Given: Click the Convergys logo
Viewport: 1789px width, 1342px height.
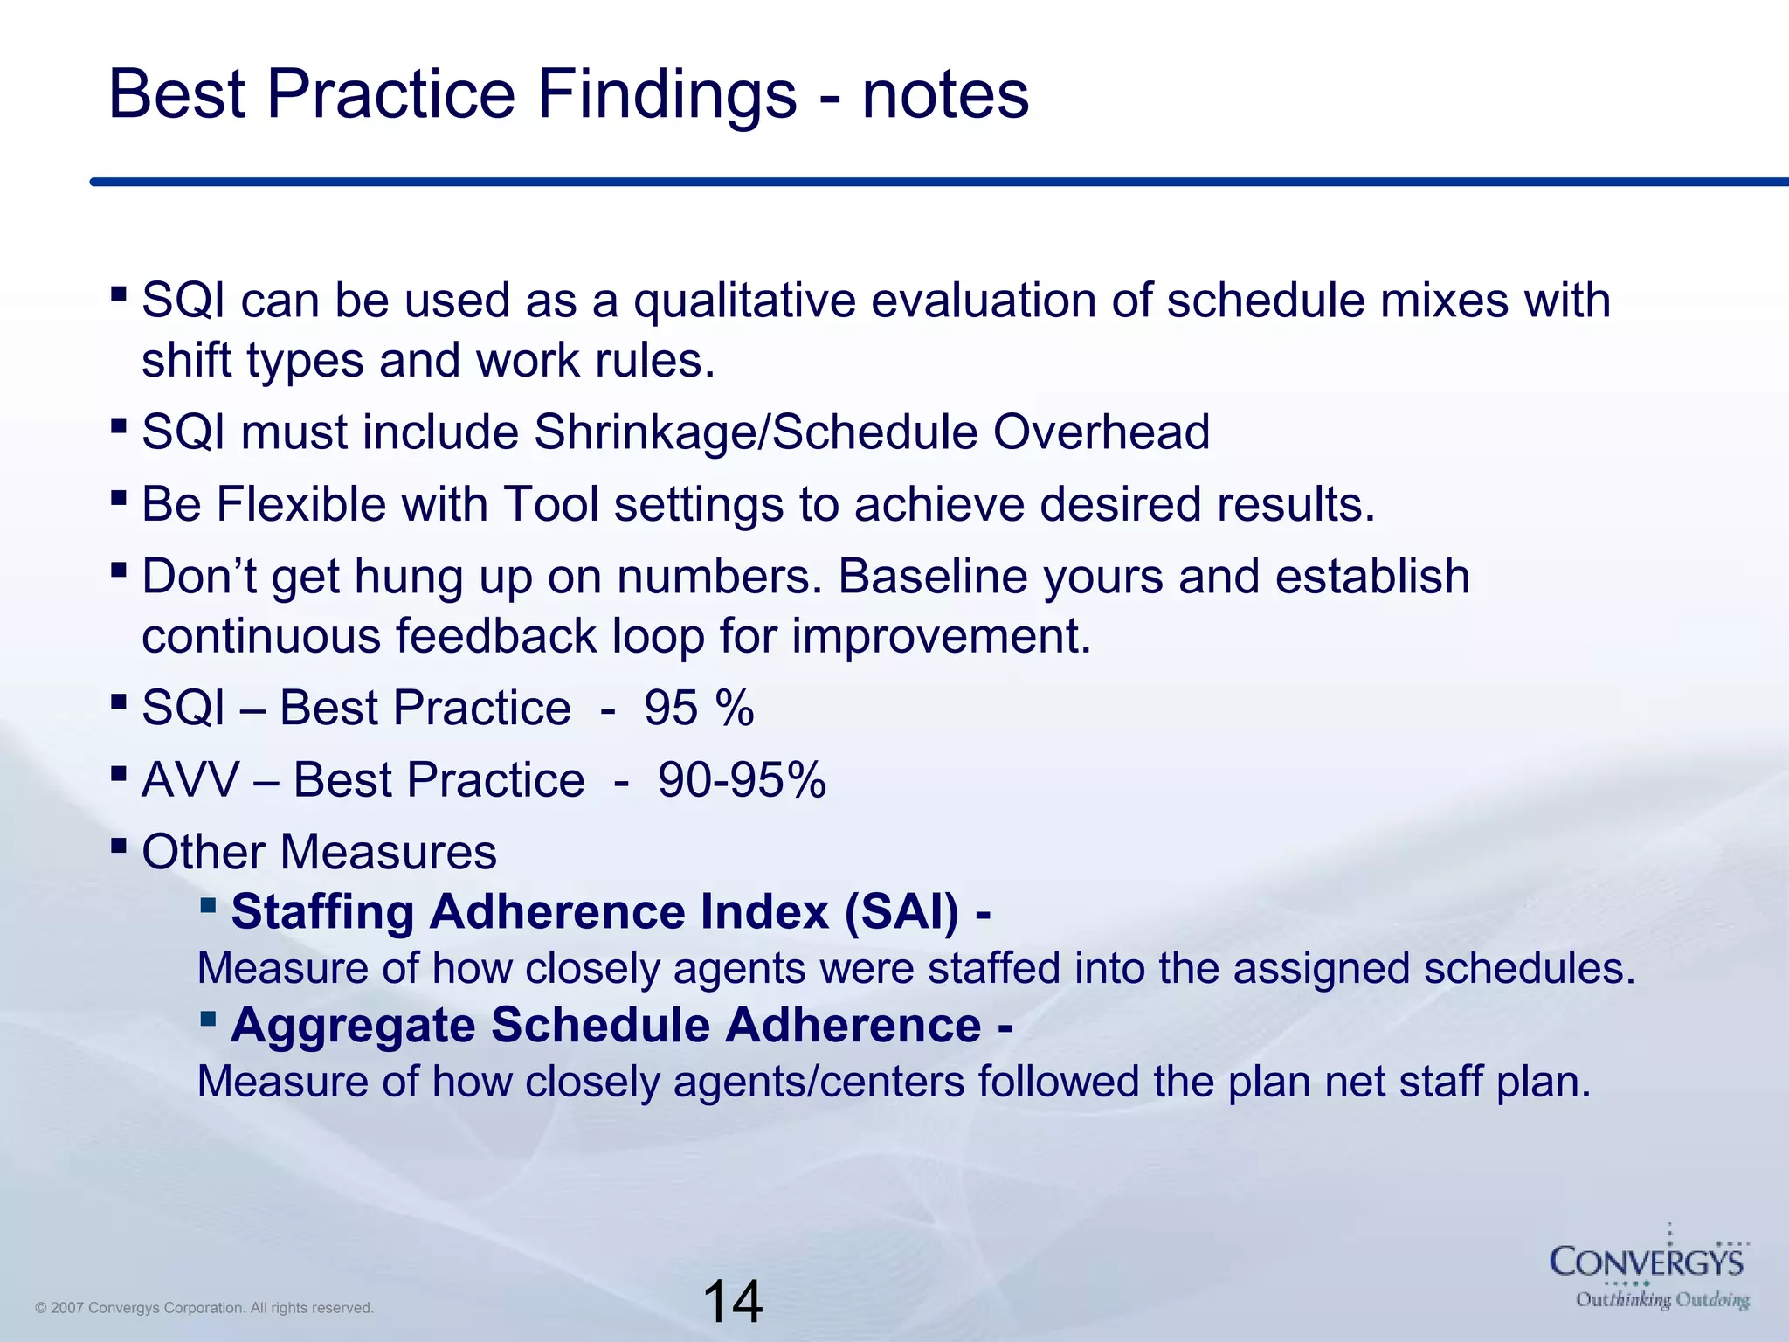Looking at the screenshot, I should tap(1647, 1262).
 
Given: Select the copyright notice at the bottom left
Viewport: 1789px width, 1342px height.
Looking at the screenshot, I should tap(204, 1308).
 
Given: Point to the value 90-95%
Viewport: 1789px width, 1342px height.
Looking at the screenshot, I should tap(742, 780).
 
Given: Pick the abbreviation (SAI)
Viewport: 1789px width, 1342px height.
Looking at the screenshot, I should tap(901, 912).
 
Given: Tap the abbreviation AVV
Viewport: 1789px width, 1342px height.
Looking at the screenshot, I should tap(190, 780).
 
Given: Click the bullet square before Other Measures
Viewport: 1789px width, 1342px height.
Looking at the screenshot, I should tap(120, 846).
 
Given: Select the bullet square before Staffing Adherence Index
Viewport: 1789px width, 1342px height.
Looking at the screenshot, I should tap(208, 904).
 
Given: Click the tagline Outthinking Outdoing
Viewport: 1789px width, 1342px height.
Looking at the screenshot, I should tap(1661, 1300).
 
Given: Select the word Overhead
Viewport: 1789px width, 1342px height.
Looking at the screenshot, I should tap(1101, 432).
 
